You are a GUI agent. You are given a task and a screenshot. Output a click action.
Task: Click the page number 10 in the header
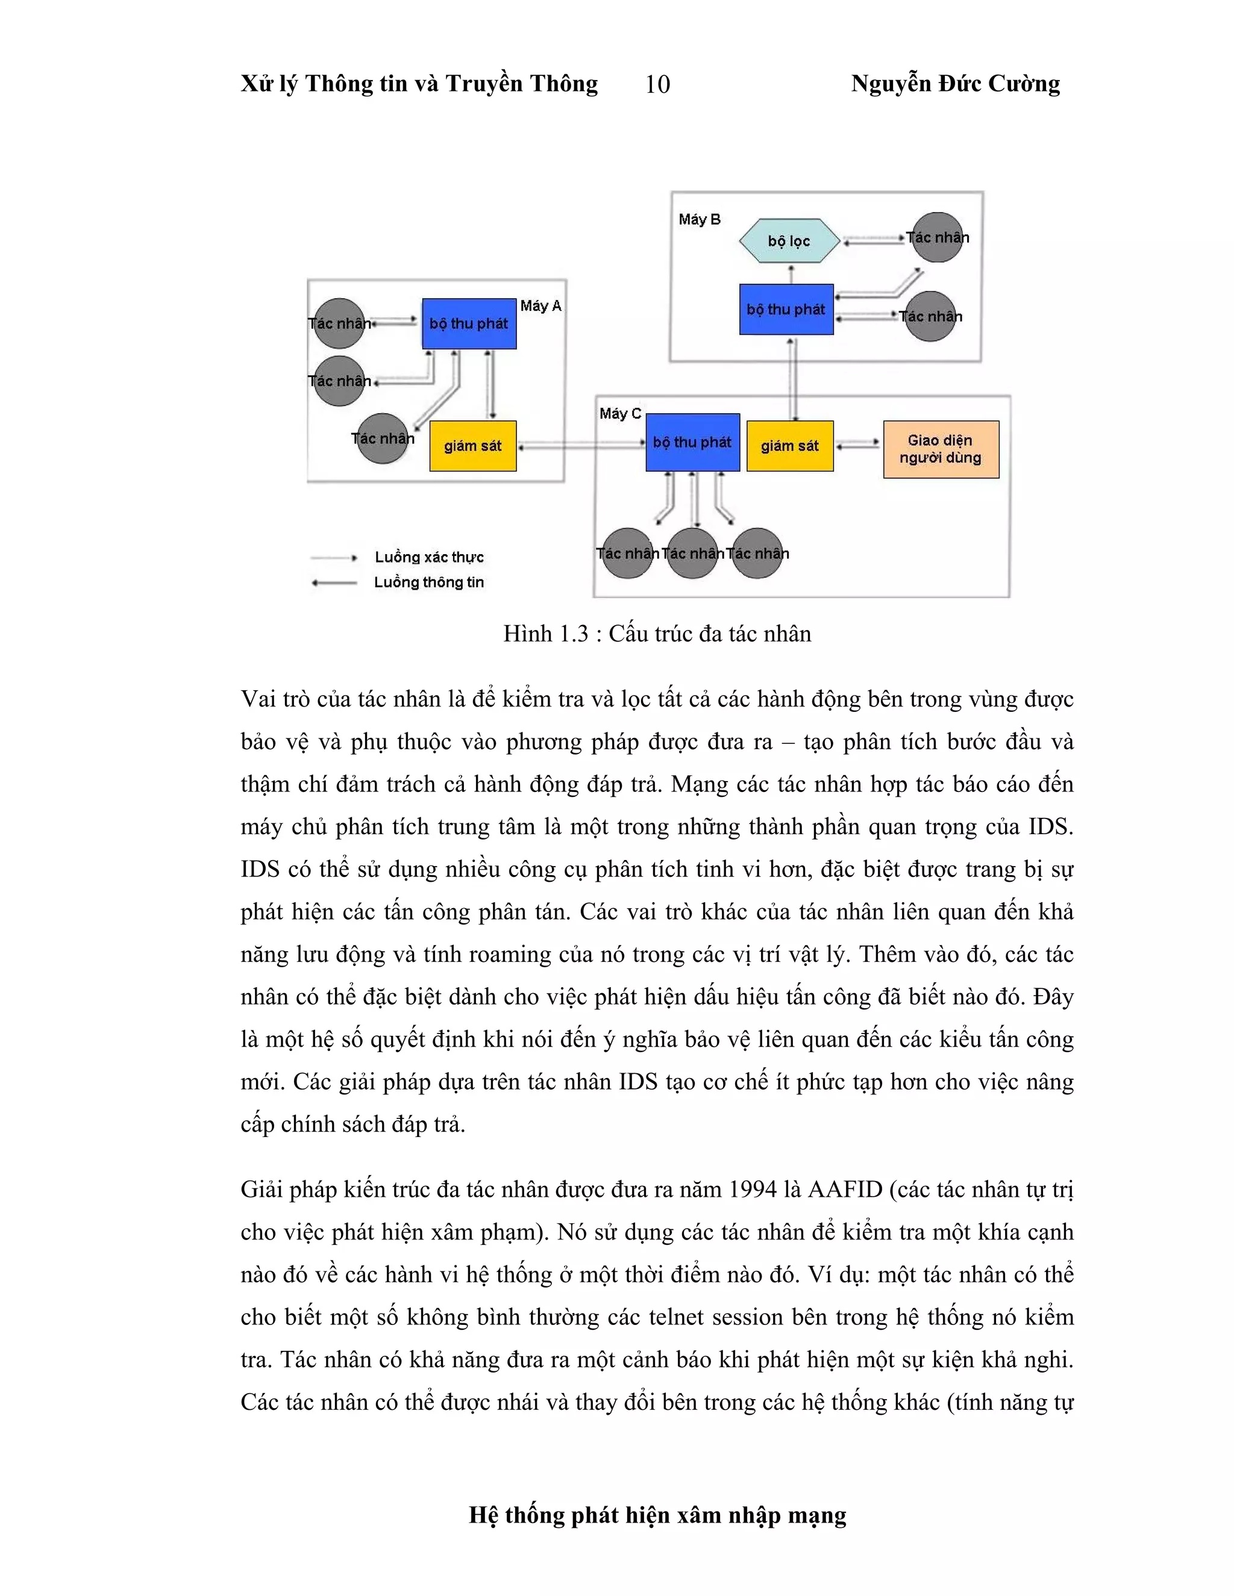coord(657,85)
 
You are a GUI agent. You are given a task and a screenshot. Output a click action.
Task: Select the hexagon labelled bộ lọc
coord(789,240)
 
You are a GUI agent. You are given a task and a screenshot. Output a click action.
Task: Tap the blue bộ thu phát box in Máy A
coord(469,323)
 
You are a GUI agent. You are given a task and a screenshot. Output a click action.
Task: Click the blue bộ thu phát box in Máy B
coord(786,309)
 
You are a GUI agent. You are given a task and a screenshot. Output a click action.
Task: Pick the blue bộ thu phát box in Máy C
coord(692,443)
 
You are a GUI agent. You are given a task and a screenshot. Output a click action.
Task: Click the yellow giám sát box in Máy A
coord(472,446)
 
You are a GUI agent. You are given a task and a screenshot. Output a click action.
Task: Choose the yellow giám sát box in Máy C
coord(789,446)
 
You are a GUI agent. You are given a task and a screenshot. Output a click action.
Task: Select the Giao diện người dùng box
coord(940,449)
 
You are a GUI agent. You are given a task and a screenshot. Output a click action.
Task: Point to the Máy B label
coord(699,219)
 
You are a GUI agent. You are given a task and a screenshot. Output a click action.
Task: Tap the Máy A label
coord(540,305)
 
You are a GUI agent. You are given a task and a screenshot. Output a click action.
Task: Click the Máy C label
coord(620,414)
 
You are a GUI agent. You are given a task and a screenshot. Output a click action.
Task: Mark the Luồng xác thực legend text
coord(429,557)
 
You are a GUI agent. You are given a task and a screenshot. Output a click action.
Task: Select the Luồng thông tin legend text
coord(429,582)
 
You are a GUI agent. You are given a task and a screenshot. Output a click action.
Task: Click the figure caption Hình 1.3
coord(657,634)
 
